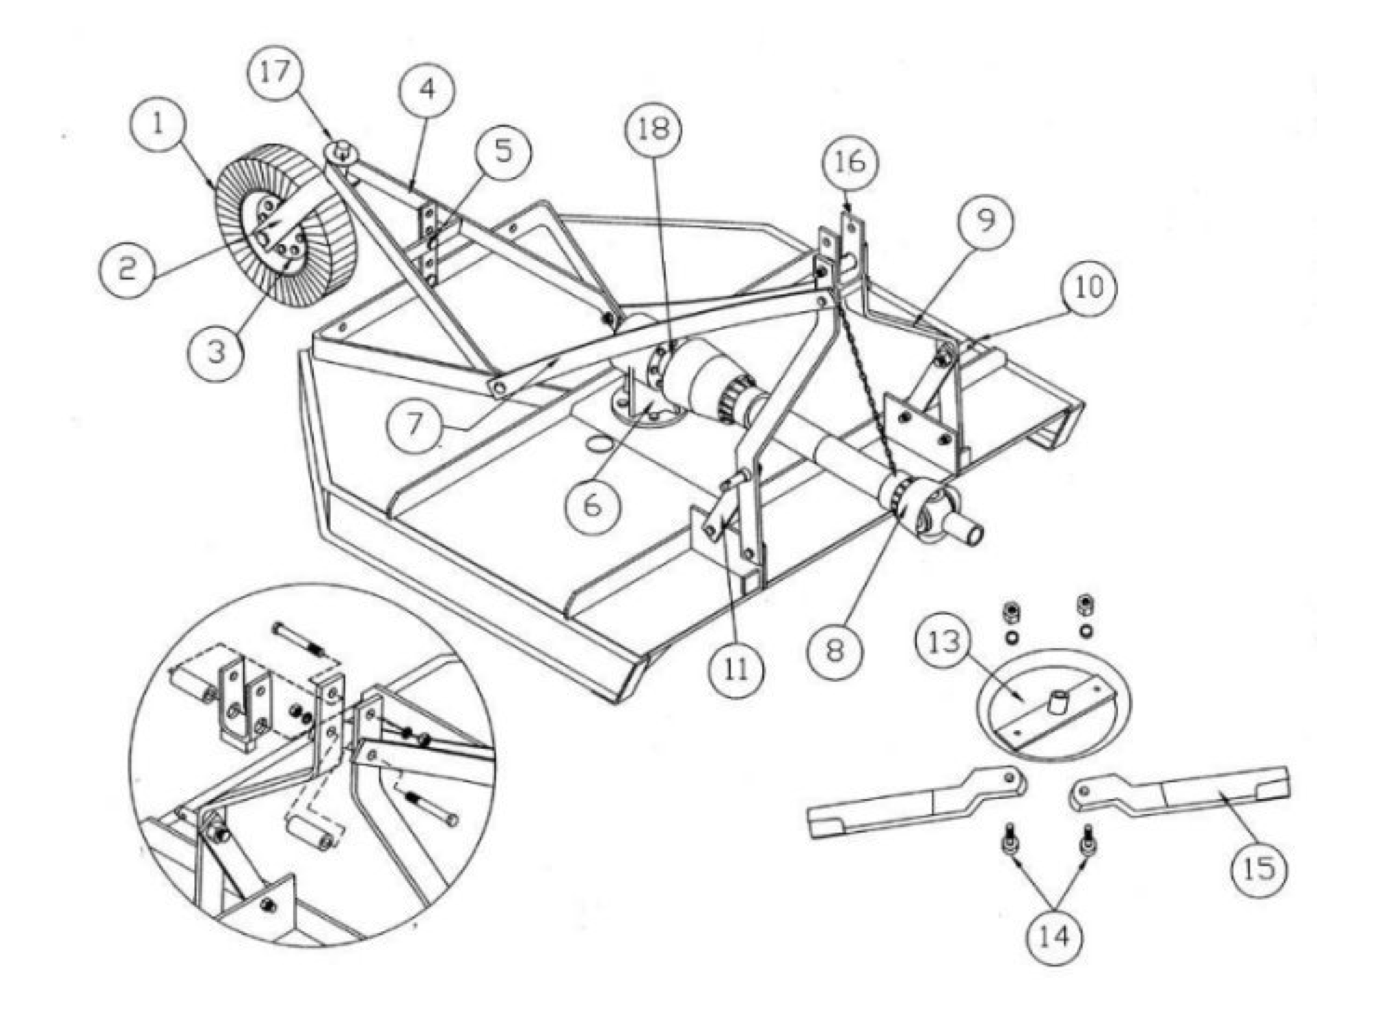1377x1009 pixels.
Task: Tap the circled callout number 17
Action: coord(275,72)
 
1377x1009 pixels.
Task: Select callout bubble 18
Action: coord(653,129)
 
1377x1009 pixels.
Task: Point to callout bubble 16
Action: coord(851,163)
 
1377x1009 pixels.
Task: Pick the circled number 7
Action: coord(414,424)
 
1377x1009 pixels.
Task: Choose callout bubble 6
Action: coord(592,505)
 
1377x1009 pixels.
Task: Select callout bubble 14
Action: coord(1055,937)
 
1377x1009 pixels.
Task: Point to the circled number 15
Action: coord(1259,868)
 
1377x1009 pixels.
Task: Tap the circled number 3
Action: coord(217,352)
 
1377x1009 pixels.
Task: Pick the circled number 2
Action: coord(126,269)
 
